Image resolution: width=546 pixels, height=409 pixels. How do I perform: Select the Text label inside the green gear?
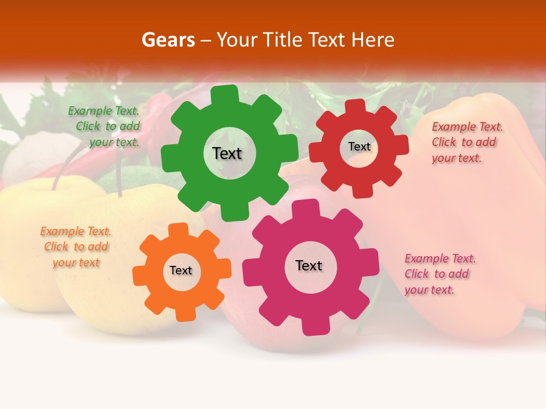(227, 153)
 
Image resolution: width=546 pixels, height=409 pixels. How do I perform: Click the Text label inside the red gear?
(359, 147)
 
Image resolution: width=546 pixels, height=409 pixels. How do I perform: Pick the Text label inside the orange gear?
(181, 270)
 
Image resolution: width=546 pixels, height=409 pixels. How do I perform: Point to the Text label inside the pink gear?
(309, 265)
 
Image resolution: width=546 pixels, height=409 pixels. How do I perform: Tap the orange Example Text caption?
(76, 247)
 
